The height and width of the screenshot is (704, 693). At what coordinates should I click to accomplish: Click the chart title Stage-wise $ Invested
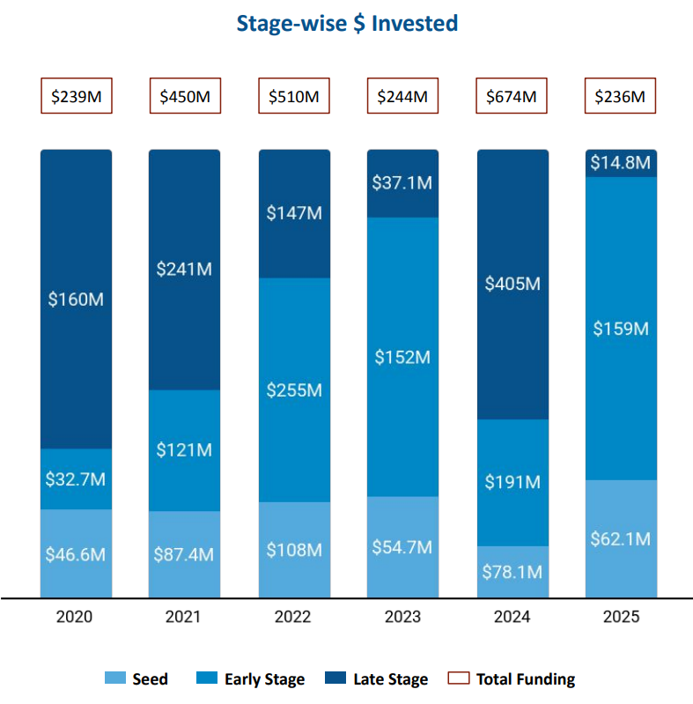click(x=347, y=23)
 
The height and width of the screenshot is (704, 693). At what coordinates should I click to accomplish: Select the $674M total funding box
click(x=512, y=96)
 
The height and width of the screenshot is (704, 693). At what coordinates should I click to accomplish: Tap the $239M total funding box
click(x=76, y=96)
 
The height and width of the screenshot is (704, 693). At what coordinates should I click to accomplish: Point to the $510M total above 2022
click(x=293, y=96)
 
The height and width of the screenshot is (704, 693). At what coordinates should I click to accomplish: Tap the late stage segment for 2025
click(x=622, y=163)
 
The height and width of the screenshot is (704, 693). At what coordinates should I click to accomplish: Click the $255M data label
click(x=294, y=389)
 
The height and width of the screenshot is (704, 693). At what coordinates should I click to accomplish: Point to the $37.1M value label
click(x=403, y=182)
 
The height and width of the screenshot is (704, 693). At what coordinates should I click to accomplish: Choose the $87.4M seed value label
click(x=185, y=555)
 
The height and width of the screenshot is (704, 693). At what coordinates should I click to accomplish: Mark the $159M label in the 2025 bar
click(x=622, y=329)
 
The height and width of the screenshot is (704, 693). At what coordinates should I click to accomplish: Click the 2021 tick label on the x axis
click(x=184, y=617)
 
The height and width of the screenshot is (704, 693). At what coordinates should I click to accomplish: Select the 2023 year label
click(x=402, y=617)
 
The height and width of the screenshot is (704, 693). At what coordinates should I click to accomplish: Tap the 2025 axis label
click(x=622, y=617)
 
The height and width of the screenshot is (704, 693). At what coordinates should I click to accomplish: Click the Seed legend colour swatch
click(x=115, y=678)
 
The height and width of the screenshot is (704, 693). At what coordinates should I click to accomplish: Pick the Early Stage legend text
click(x=264, y=679)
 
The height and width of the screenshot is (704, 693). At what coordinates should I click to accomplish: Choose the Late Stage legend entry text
click(x=390, y=679)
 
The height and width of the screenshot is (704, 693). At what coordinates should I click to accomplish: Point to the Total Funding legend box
click(x=458, y=678)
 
